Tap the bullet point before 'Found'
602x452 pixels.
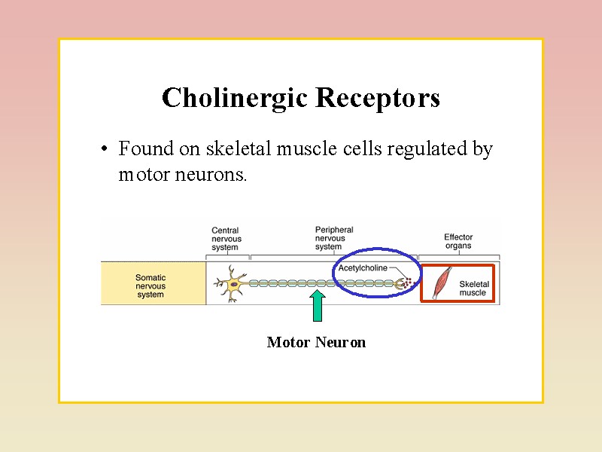[x=102, y=149]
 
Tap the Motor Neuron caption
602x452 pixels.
[x=316, y=343]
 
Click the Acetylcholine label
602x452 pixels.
[x=363, y=268]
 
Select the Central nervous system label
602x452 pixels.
[x=227, y=239]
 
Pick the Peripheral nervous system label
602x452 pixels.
[x=334, y=238]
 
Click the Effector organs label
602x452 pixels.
[x=458, y=241]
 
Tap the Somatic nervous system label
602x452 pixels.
[x=150, y=286]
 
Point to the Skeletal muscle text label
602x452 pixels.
[x=473, y=288]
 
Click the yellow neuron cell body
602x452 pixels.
[x=235, y=284]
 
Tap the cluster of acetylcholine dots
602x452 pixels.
[x=408, y=282]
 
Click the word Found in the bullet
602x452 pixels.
[x=146, y=149]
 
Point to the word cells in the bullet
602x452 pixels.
[x=362, y=149]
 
